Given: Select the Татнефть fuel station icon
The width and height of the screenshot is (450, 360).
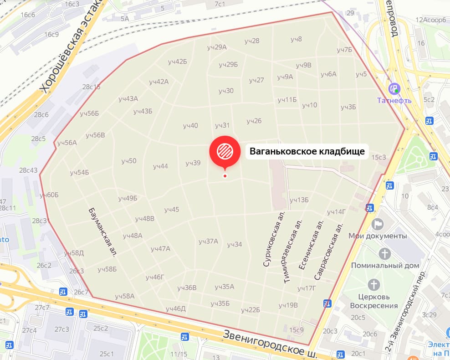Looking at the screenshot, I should (x=394, y=88).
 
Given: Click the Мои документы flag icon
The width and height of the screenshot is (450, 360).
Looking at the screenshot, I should (x=378, y=224).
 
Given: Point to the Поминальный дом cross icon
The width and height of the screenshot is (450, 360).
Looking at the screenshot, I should (x=385, y=253).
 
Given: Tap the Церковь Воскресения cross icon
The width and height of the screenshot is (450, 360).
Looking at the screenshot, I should (x=374, y=285).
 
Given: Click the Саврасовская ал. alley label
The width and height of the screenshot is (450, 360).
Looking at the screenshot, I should (x=328, y=252).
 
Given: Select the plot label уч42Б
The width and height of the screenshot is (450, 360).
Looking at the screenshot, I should (x=178, y=62).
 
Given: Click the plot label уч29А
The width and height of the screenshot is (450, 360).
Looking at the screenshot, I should (x=216, y=47).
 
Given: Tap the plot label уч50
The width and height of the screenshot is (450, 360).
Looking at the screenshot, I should (x=129, y=161).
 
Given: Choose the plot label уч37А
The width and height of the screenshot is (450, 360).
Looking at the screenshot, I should (x=208, y=241).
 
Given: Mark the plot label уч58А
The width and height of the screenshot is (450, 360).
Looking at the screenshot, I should (x=125, y=296).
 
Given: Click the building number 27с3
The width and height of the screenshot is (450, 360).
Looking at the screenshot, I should (x=62, y=329).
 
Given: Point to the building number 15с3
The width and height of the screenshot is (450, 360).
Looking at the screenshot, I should (x=378, y=157).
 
